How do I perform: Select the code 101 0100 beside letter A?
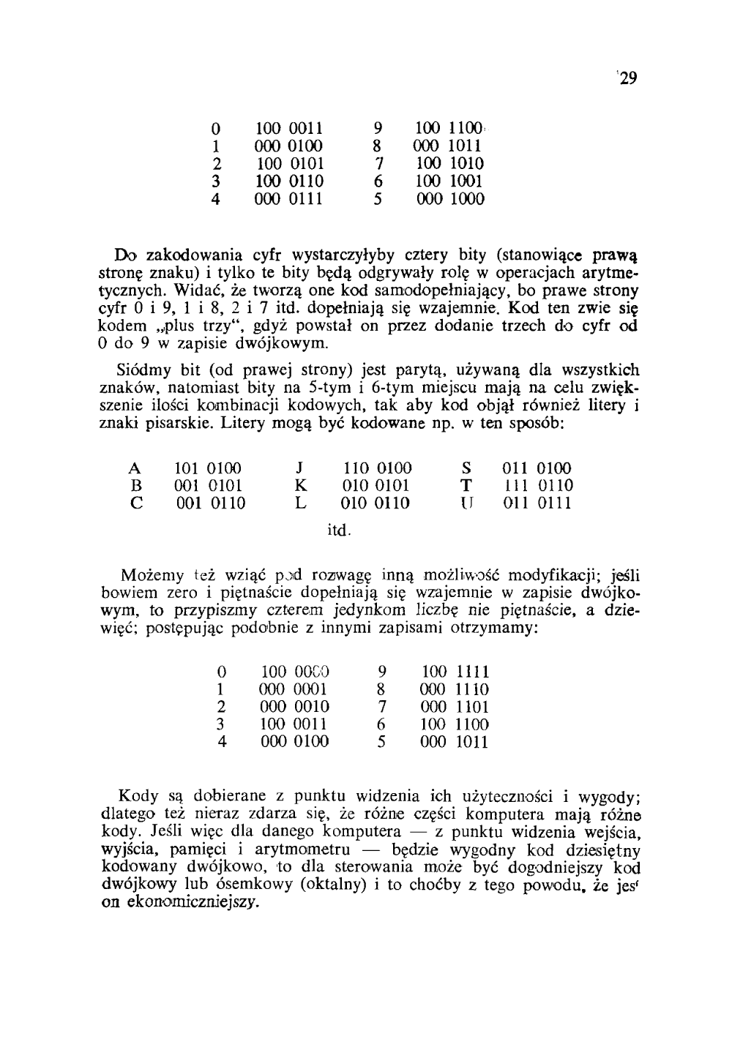(x=208, y=468)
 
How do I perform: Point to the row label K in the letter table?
(x=300, y=485)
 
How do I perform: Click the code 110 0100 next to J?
(x=378, y=468)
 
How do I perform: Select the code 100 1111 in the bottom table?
(x=455, y=671)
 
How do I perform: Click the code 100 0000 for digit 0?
(x=296, y=671)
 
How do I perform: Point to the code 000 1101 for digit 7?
(x=455, y=707)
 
